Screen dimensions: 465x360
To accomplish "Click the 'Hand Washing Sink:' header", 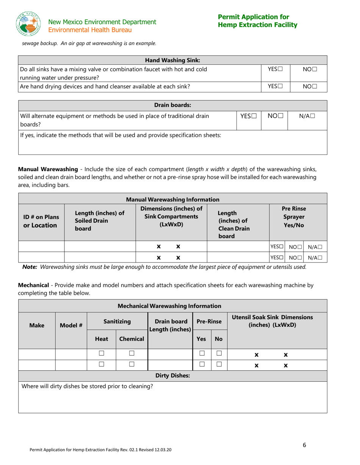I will tap(172, 60).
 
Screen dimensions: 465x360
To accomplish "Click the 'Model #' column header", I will tap(71, 325).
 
